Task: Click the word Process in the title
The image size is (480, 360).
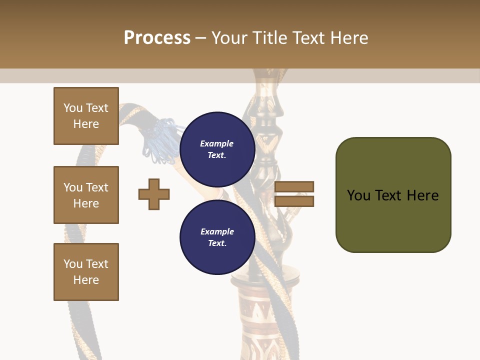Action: (x=157, y=38)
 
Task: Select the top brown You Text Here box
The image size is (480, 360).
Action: (x=86, y=116)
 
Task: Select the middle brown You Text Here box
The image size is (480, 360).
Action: (x=86, y=195)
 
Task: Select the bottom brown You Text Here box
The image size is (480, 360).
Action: (x=86, y=272)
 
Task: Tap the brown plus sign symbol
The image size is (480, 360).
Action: (x=154, y=194)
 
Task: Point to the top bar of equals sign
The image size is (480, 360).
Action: (x=294, y=187)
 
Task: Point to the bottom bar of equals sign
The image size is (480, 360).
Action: (x=294, y=201)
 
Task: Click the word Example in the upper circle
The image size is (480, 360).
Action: (x=217, y=143)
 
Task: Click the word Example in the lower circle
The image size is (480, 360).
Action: (x=217, y=231)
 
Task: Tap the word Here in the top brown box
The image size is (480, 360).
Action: (x=86, y=124)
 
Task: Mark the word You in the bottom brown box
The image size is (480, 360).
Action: (x=73, y=264)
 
